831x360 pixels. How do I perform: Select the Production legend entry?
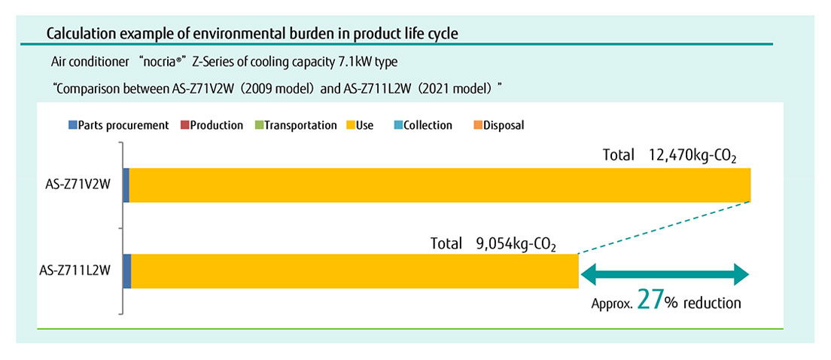coord(212,126)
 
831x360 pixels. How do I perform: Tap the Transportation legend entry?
coord(295,126)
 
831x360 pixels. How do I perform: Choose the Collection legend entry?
coord(423,126)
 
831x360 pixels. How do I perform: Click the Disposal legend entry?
coord(499,126)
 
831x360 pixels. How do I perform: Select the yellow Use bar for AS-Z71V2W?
coord(440,185)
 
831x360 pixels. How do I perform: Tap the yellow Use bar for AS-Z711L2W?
coord(354,271)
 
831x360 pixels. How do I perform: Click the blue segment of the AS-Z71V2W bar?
coord(126,185)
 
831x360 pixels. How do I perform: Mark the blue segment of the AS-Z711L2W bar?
coord(126,271)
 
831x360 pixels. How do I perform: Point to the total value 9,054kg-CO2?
coord(516,244)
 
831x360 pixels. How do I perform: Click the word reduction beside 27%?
coord(714,304)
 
